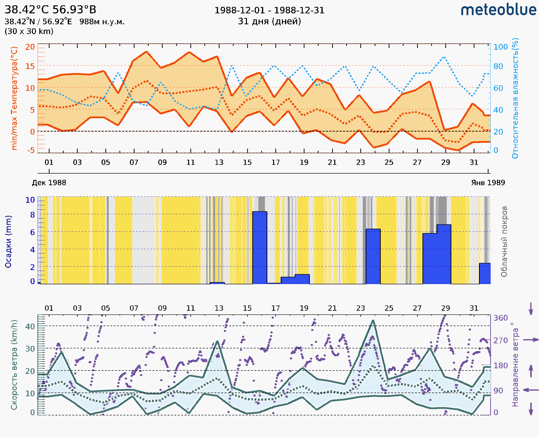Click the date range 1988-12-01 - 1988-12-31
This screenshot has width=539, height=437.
tap(269, 10)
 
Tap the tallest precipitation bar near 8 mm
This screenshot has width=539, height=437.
tap(260, 248)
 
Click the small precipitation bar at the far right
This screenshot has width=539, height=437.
tap(485, 274)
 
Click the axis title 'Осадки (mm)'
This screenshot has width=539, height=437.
tap(8, 242)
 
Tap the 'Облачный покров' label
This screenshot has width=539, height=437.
tap(504, 242)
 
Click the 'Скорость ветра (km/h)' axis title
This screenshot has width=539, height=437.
tap(14, 365)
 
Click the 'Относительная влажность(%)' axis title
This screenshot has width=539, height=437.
tap(515, 98)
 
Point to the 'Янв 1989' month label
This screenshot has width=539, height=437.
tap(488, 183)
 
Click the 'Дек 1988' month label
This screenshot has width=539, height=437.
tap(49, 183)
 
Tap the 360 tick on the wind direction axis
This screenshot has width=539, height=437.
tap(500, 318)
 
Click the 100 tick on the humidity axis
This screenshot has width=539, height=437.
tap(500, 47)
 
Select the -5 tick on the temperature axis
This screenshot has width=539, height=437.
tap(31, 151)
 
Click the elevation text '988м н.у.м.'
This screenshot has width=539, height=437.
tap(102, 22)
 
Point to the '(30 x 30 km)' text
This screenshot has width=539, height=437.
tap(29, 32)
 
